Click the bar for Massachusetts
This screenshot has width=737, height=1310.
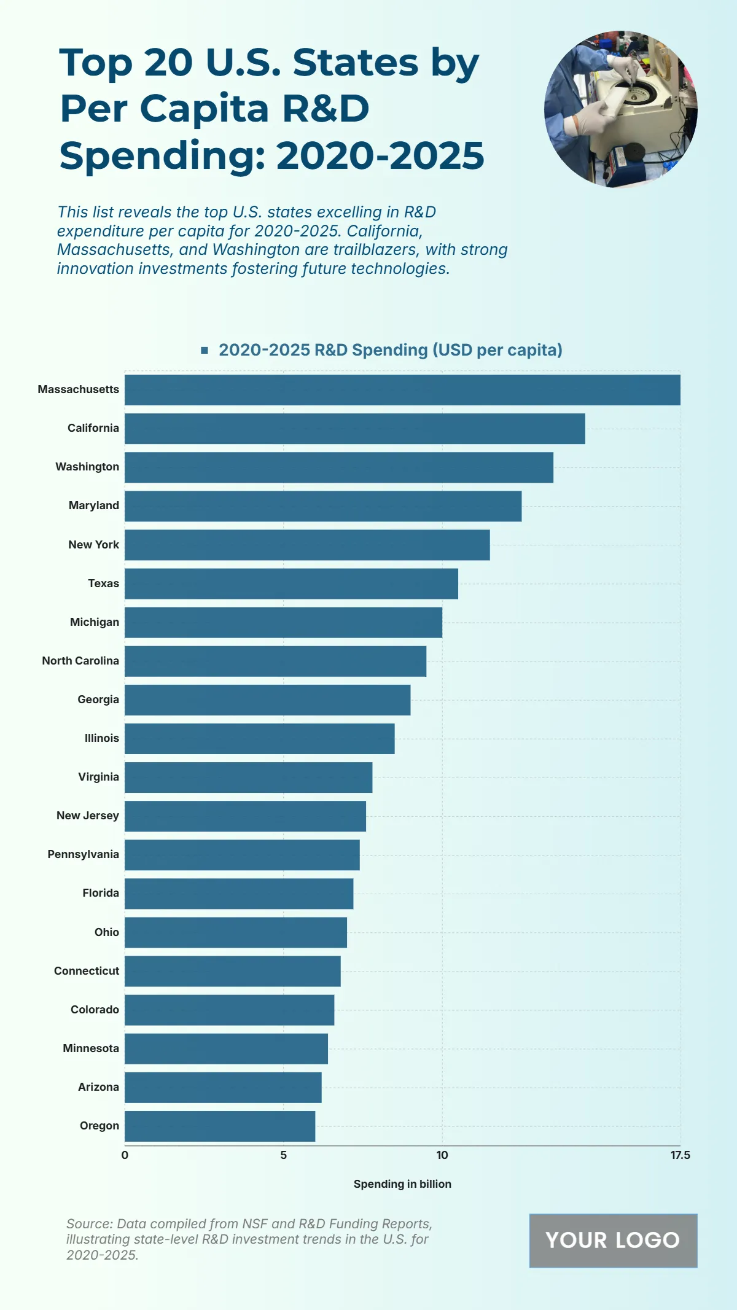[x=402, y=390]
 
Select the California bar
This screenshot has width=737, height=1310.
[x=354, y=429]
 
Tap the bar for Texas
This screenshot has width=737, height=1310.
[x=291, y=583]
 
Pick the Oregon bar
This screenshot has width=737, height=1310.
[x=220, y=1126]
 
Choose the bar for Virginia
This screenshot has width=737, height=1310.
[x=248, y=778]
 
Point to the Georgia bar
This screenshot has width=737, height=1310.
[x=267, y=700]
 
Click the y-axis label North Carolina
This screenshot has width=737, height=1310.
[x=80, y=661]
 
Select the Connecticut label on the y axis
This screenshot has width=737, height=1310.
[x=87, y=971]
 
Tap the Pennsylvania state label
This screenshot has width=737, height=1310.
[x=84, y=854]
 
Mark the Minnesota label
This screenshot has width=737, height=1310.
[x=91, y=1048]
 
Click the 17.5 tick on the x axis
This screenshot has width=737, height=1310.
[x=680, y=1155]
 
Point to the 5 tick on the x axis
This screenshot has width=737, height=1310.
[x=283, y=1155]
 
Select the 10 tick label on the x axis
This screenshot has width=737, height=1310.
[x=442, y=1155]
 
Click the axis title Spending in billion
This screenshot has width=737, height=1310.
[x=402, y=1184]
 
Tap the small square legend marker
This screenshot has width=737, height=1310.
[x=205, y=350]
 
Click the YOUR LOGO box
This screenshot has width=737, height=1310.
[x=613, y=1241]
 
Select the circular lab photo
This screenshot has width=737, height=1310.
[x=620, y=109]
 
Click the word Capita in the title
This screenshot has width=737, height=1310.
[x=205, y=109]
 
